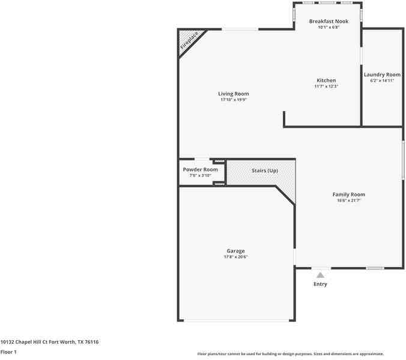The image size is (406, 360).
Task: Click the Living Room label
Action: click(233, 94)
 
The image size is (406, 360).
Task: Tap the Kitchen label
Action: click(326, 80)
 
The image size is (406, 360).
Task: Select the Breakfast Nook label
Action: click(329, 22)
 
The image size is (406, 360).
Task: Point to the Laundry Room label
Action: click(382, 75)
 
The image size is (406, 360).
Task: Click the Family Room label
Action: click(349, 194)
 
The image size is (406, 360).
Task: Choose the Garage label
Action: click(235, 251)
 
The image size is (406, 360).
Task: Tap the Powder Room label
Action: click(201, 170)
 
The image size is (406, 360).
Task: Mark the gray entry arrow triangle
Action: click(320, 275)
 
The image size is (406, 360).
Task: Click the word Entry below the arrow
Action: click(320, 284)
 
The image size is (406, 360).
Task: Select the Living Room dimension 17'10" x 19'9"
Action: click(233, 100)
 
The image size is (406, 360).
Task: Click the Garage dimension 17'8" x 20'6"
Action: click(235, 257)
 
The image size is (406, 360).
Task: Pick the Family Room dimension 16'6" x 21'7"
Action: click(349, 200)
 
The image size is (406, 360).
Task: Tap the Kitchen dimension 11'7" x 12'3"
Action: click(326, 86)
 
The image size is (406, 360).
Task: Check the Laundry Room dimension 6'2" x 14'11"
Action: click(382, 81)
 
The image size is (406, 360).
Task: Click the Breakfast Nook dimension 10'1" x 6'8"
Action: click(329, 28)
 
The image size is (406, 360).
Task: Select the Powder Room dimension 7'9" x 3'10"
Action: click(201, 176)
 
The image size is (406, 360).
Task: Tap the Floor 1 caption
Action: click(8, 352)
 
